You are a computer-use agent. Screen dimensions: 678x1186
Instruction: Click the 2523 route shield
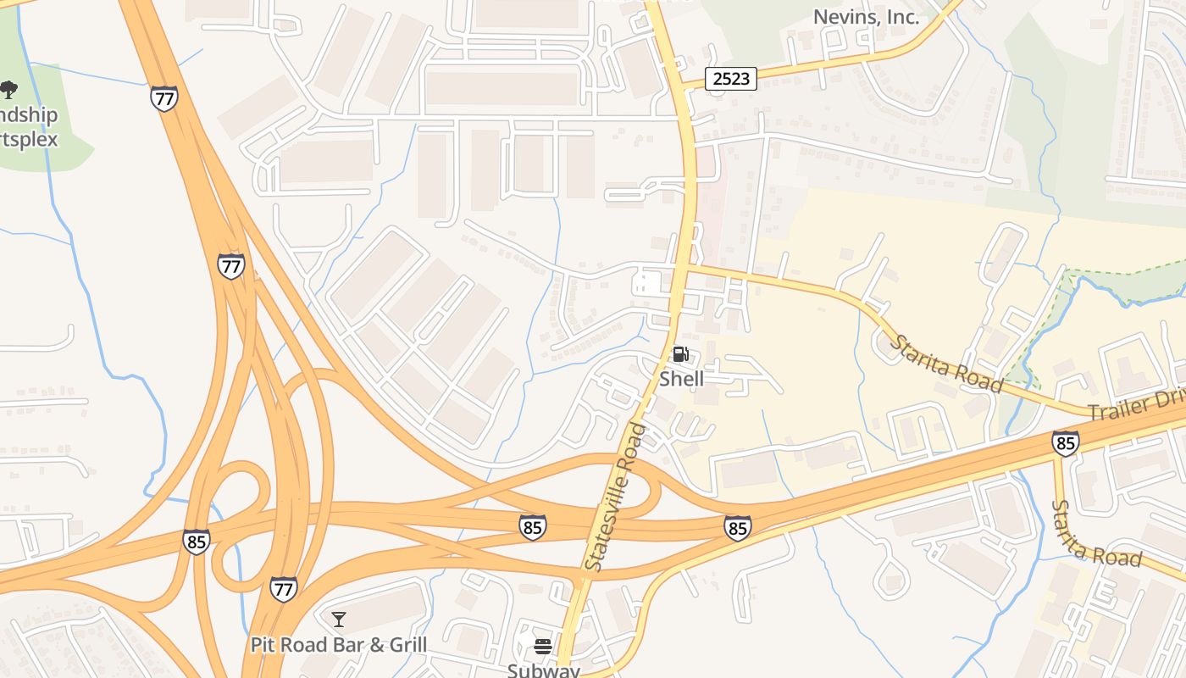730,79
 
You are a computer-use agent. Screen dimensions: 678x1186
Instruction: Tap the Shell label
681,379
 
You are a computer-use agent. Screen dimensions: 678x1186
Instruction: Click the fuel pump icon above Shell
681,354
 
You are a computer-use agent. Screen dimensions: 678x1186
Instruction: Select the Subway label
543,670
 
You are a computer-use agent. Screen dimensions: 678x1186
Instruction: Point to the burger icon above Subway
543,647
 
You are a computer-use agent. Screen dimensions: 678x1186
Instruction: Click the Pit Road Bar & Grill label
339,645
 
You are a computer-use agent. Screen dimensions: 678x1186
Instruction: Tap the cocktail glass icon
339,620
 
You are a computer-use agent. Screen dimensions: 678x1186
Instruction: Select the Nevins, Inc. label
866,16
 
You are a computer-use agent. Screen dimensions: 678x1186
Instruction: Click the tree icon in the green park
9,89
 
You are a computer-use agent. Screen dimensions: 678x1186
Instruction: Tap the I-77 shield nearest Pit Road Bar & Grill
284,588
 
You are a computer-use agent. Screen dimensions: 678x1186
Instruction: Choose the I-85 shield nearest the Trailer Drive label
1066,443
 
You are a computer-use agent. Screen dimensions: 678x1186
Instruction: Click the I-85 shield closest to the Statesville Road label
532,527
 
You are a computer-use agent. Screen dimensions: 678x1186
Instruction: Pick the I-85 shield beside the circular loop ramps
196,542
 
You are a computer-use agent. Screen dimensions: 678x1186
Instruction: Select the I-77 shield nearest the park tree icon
164,98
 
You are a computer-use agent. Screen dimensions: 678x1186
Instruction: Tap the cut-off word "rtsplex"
29,139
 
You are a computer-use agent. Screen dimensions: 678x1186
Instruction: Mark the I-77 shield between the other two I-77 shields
230,266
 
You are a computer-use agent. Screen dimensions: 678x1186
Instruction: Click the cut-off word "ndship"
29,115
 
